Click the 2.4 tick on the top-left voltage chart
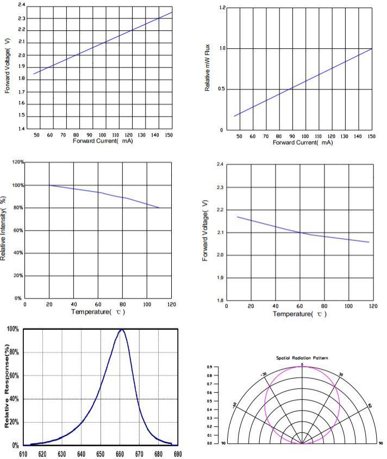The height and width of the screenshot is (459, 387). click(x=21, y=5)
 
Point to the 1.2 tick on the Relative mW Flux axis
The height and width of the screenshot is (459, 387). click(x=222, y=8)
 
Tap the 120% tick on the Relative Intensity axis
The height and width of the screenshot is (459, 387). click(x=17, y=162)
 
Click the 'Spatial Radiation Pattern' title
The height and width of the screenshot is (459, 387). click(x=302, y=358)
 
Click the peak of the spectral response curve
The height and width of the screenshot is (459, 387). click(x=122, y=330)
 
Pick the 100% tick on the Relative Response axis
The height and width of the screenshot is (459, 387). click(x=13, y=329)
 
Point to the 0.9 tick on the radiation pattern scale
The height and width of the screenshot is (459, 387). click(x=210, y=367)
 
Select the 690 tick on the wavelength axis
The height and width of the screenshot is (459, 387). click(x=177, y=454)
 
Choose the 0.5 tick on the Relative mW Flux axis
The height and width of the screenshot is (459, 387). click(x=222, y=90)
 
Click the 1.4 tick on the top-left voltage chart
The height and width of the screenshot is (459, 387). click(x=21, y=129)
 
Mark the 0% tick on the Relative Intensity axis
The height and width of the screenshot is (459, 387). click(x=18, y=298)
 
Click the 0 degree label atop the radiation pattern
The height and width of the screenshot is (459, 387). click(x=302, y=364)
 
